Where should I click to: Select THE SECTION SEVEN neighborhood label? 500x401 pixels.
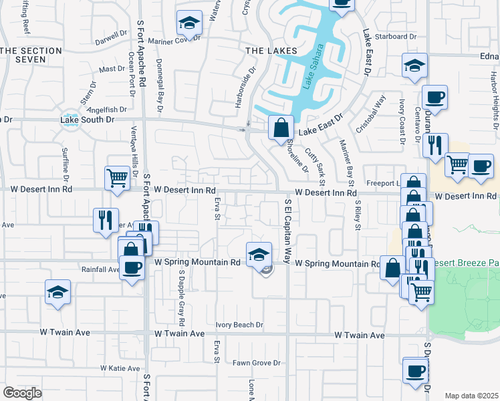tap(23, 55)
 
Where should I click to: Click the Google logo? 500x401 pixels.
tap(22, 393)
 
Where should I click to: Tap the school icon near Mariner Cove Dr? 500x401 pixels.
tap(189, 24)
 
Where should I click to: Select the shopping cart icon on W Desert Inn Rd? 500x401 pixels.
tap(116, 178)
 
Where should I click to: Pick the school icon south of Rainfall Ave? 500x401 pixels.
tap(58, 292)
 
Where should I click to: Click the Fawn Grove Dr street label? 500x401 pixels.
tap(256, 364)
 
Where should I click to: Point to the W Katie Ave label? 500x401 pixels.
tap(120, 368)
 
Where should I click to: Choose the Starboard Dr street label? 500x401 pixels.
tap(396, 37)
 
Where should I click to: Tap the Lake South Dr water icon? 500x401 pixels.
tap(70, 120)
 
